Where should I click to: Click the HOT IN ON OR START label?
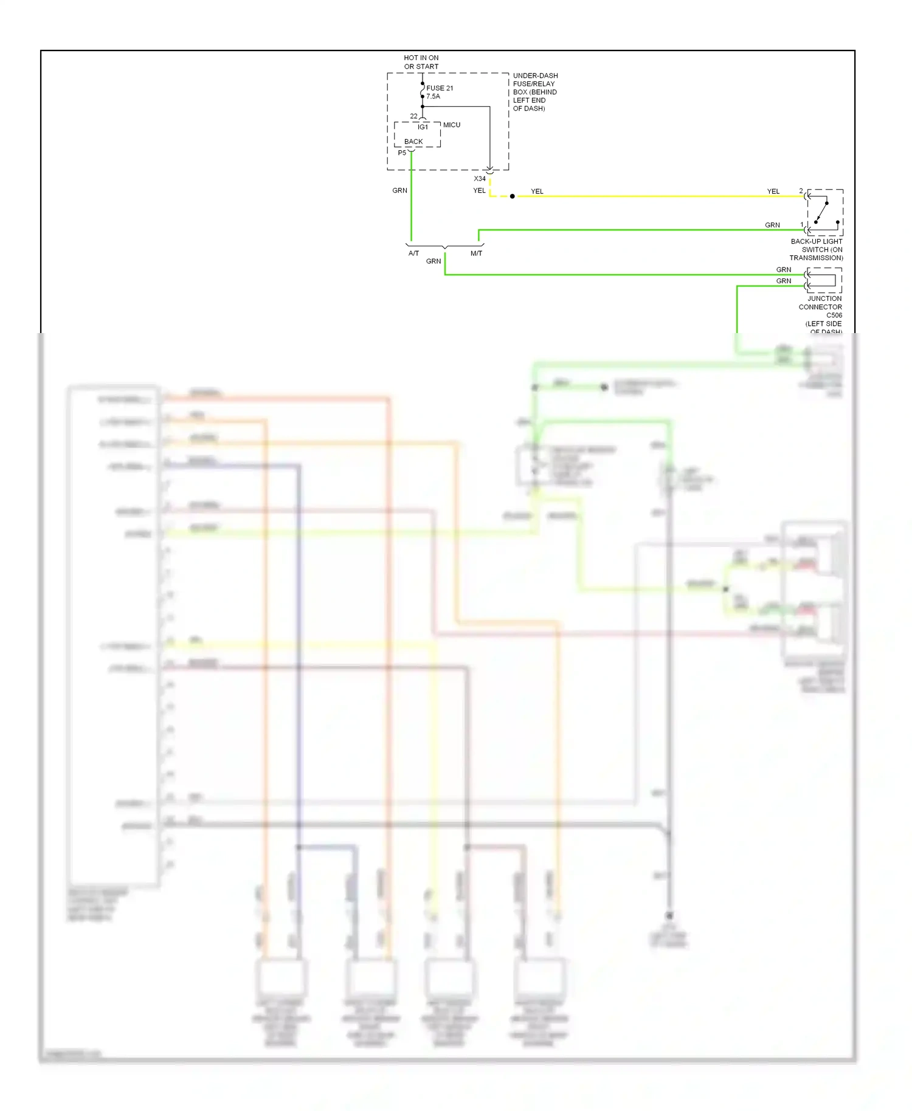pos(421,62)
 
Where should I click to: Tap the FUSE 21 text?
pos(440,88)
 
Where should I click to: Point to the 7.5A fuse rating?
pos(433,97)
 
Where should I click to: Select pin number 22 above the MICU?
pos(413,116)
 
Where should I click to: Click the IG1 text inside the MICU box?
pos(423,127)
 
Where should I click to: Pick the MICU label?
pos(452,125)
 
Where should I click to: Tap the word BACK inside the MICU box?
pos(413,142)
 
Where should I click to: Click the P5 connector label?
pos(402,153)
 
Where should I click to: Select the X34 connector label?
pos(480,179)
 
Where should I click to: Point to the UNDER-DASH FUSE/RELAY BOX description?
pos(535,92)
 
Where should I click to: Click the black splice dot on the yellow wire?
pos(513,196)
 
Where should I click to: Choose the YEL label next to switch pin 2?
pos(773,191)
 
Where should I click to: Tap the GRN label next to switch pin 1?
pos(772,225)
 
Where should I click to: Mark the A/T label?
pos(413,253)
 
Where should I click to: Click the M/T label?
pos(476,253)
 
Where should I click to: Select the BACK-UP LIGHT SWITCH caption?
pos(817,250)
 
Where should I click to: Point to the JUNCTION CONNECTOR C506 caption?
pos(821,311)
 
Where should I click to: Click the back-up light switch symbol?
pos(824,212)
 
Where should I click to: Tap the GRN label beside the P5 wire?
pos(399,191)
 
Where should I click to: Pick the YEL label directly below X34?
pos(479,191)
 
